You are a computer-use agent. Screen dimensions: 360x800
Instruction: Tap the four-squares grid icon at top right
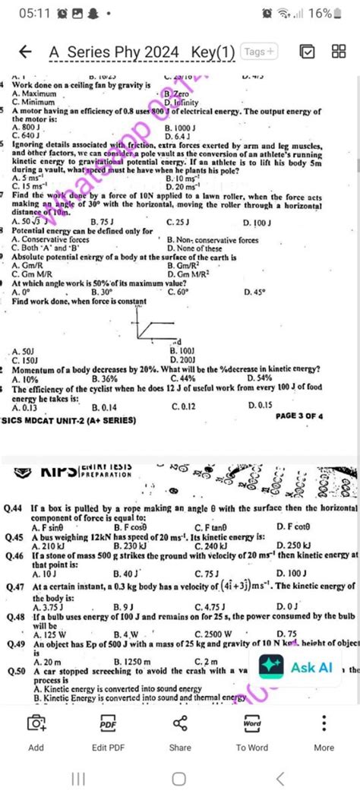pyautogui.click(x=339, y=52)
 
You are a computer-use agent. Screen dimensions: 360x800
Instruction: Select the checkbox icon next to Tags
pyautogui.click(x=307, y=52)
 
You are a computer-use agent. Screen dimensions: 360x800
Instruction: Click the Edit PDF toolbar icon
pyautogui.click(x=108, y=732)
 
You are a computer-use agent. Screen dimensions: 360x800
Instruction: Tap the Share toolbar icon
pyautogui.click(x=180, y=732)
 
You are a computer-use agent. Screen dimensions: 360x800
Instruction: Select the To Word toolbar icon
pyautogui.click(x=252, y=732)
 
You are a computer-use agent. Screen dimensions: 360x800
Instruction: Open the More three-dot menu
pyautogui.click(x=324, y=732)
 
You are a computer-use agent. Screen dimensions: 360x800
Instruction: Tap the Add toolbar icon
pyautogui.click(x=36, y=732)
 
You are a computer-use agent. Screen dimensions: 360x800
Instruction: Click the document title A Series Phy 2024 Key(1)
pyautogui.click(x=142, y=52)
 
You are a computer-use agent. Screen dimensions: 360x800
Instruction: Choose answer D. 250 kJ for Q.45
pyautogui.click(x=294, y=545)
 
